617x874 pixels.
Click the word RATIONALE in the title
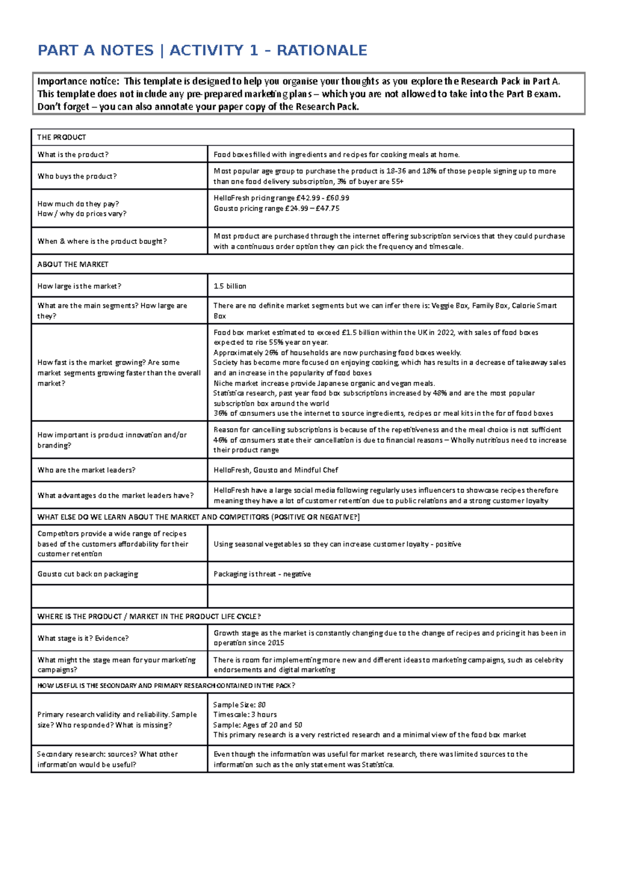(x=322, y=50)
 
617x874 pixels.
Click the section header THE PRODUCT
(x=61, y=137)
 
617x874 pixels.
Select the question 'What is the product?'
(x=72, y=154)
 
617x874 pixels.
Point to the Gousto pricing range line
(x=276, y=208)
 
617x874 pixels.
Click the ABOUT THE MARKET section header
(x=72, y=265)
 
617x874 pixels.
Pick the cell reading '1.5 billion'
(x=230, y=286)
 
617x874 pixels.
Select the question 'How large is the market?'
(x=79, y=286)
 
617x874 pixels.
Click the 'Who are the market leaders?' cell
(x=86, y=470)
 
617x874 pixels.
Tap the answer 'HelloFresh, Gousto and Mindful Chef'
(x=276, y=470)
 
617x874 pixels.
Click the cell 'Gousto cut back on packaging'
(x=87, y=574)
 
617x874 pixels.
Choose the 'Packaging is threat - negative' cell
(x=262, y=574)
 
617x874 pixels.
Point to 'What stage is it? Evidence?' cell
(x=83, y=638)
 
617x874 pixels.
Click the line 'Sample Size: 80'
(x=239, y=705)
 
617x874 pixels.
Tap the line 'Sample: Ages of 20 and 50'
(x=258, y=725)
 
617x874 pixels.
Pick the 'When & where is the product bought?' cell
(x=102, y=241)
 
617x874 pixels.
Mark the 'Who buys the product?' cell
(x=77, y=176)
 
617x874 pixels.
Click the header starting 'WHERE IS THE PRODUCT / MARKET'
(x=149, y=617)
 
